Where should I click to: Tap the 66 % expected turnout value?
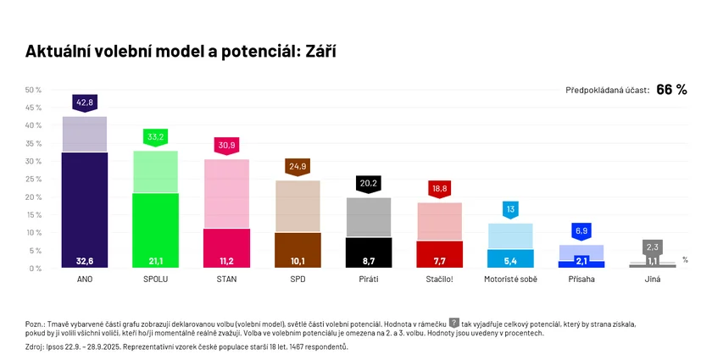tap(670, 90)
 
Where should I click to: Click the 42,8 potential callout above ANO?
tap(85, 102)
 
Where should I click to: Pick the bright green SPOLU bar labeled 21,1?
tap(156, 230)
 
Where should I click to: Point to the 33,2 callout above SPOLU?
tap(156, 136)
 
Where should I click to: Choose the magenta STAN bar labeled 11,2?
tap(227, 247)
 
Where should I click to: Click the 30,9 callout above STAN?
tap(227, 146)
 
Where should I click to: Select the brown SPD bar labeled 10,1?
tap(298, 249)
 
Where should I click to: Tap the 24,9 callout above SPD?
tap(298, 167)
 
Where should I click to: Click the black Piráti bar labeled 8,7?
tap(369, 252)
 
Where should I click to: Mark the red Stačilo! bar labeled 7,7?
tap(440, 254)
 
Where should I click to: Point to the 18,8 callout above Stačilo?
tap(440, 189)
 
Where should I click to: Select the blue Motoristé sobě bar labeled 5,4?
tap(510, 258)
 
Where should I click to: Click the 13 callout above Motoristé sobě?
tap(510, 209)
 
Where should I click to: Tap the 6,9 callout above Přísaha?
tap(581, 230)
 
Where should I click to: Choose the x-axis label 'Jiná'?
tap(653, 279)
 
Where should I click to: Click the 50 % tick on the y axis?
tap(34, 90)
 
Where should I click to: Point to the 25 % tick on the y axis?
tap(34, 179)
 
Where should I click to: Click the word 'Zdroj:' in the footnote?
tap(37, 346)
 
